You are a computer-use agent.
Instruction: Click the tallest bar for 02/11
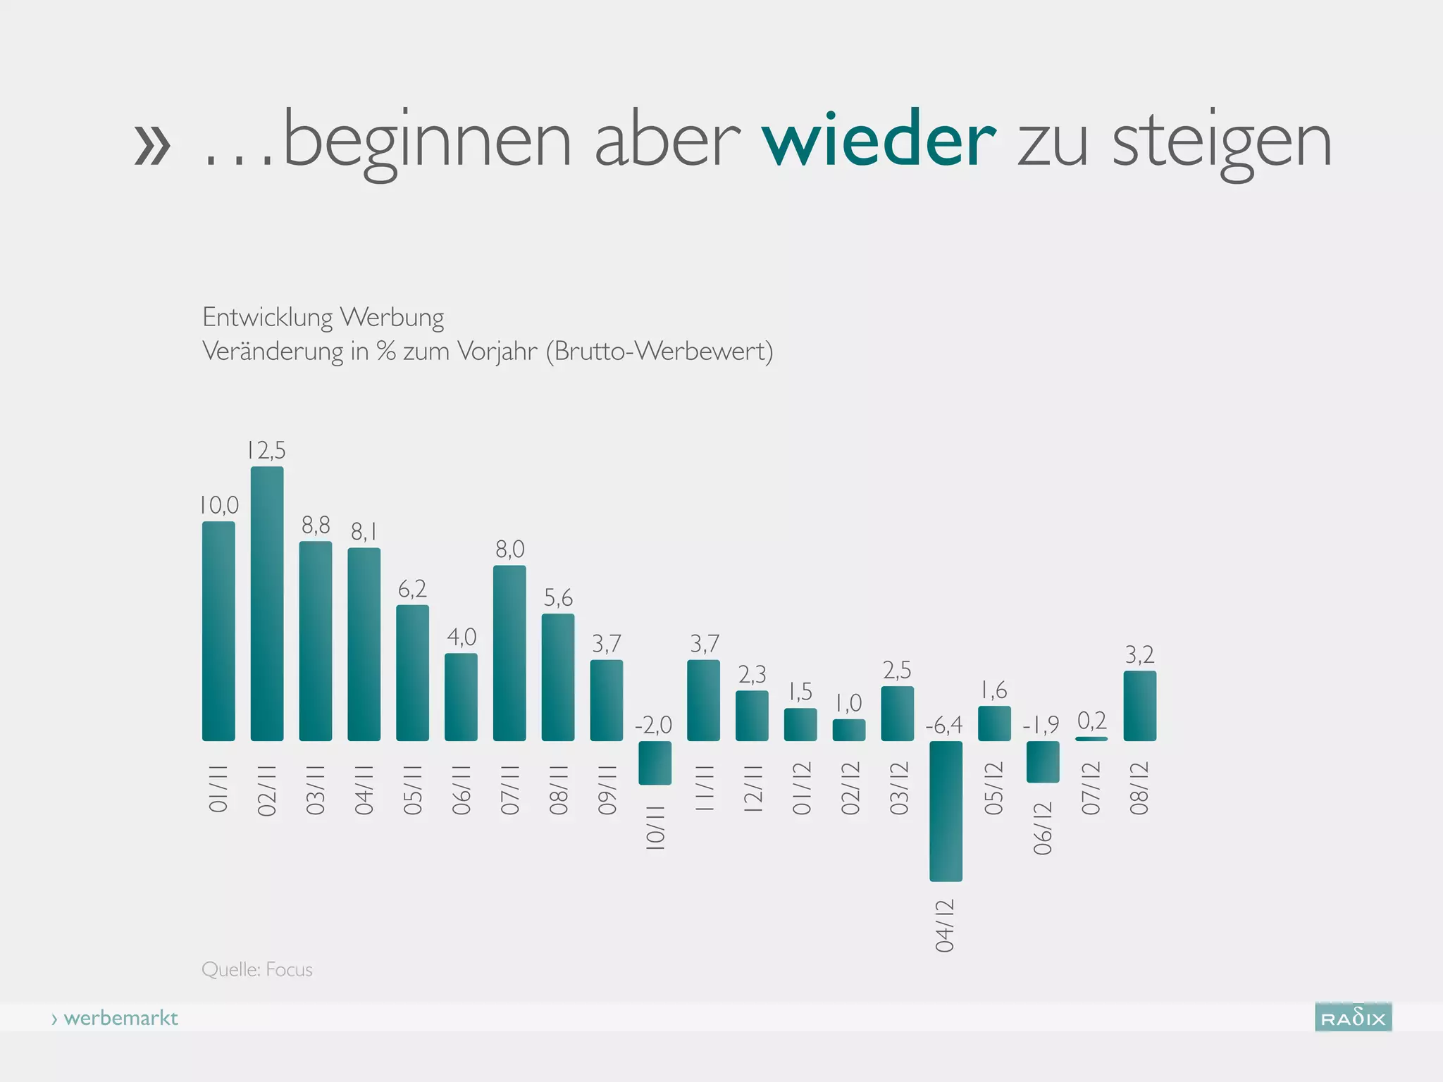(x=267, y=604)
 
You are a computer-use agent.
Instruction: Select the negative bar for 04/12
(x=946, y=811)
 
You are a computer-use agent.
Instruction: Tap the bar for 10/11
(x=655, y=763)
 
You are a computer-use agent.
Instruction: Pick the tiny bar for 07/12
(x=1091, y=738)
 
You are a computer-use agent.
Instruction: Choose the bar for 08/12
(x=1139, y=706)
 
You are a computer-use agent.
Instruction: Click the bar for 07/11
(x=509, y=653)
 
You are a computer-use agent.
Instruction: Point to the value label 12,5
(x=266, y=450)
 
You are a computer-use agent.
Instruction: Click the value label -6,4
(x=943, y=725)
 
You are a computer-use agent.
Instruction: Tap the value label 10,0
(x=218, y=505)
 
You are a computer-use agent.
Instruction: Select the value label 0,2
(x=1092, y=721)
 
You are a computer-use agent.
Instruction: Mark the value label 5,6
(x=558, y=598)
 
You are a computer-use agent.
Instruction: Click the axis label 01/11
(x=218, y=788)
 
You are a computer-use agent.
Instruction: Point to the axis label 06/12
(x=1043, y=828)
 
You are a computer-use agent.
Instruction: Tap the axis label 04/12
(x=945, y=926)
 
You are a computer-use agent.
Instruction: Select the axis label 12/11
(x=753, y=788)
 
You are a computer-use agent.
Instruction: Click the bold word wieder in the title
(x=879, y=141)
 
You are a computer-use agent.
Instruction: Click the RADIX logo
(x=1353, y=1017)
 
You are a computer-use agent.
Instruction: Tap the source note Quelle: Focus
(x=257, y=970)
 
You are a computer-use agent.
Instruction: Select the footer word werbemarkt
(x=120, y=1019)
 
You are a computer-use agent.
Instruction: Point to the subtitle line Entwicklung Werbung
(x=323, y=318)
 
